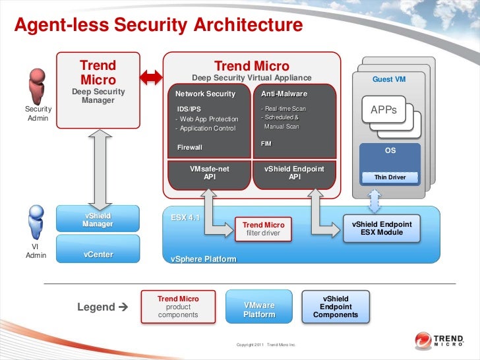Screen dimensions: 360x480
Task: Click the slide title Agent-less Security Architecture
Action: [158, 25]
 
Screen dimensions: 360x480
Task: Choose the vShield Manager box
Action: [98, 220]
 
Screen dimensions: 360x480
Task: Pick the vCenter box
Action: [98, 254]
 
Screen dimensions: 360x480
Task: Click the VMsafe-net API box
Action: [210, 173]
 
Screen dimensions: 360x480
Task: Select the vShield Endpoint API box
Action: [294, 173]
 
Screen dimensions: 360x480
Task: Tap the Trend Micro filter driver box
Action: [263, 229]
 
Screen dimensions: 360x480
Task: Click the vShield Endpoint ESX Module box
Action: [381, 228]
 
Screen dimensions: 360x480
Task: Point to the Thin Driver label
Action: [390, 177]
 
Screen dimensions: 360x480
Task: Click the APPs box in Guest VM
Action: [384, 110]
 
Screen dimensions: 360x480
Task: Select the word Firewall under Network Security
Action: [190, 147]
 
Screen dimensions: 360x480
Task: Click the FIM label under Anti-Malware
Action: [266, 143]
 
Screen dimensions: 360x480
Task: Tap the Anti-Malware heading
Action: [284, 94]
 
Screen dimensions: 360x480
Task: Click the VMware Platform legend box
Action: [259, 309]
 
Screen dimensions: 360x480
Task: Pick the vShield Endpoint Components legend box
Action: [335, 307]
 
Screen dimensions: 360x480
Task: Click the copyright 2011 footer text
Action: [266, 345]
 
